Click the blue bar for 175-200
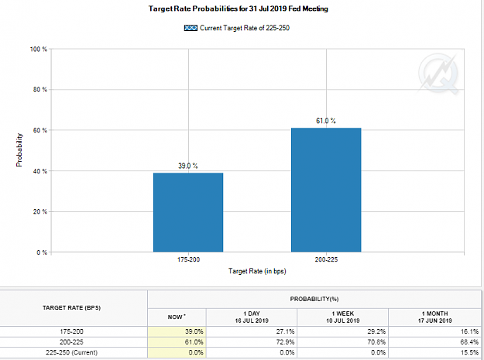[x=188, y=213]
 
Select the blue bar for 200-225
[x=326, y=190]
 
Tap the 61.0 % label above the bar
[x=326, y=121]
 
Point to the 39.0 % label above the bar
[x=188, y=166]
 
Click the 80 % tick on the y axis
[x=40, y=90]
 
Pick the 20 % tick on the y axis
[x=40, y=211]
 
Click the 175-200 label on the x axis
[x=188, y=260]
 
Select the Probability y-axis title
[x=19, y=150]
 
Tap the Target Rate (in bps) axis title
[x=257, y=271]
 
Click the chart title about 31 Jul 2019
[x=238, y=9]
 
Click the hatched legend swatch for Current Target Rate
[x=191, y=28]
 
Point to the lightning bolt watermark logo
[x=438, y=74]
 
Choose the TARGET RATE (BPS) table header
[x=71, y=308]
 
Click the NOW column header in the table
[x=177, y=317]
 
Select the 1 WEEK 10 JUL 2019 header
[x=343, y=317]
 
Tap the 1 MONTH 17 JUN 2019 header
[x=435, y=317]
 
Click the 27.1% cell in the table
[x=285, y=331]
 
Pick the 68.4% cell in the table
[x=469, y=342]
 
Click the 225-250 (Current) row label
[x=71, y=352]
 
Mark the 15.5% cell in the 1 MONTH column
[x=469, y=352]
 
